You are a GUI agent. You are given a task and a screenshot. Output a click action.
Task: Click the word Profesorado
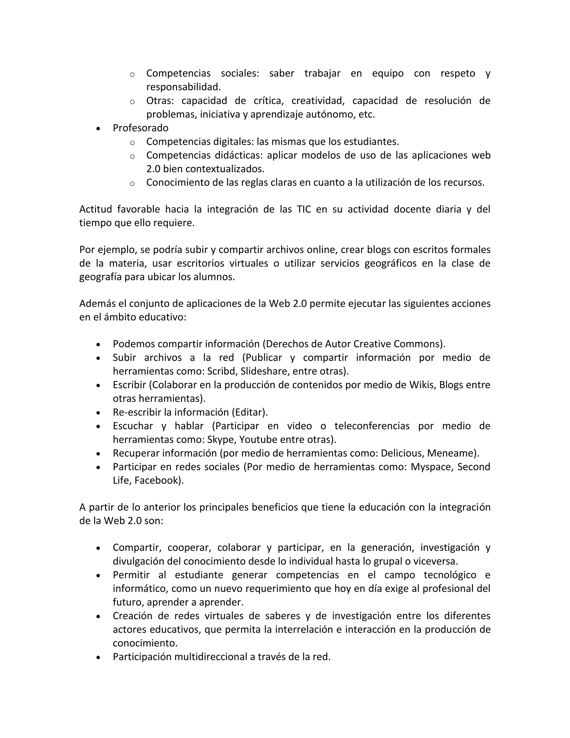tap(141, 128)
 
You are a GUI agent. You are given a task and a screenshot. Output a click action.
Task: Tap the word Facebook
tap(158, 480)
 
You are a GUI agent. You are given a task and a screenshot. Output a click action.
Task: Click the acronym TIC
tap(304, 209)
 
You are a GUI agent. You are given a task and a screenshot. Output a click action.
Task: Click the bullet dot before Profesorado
tap(98, 129)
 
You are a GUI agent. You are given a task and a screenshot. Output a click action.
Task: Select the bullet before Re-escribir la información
tap(98, 413)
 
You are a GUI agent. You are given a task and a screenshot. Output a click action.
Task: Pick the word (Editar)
tap(249, 412)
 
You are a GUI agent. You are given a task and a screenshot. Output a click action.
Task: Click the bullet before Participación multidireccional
tap(98, 657)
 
